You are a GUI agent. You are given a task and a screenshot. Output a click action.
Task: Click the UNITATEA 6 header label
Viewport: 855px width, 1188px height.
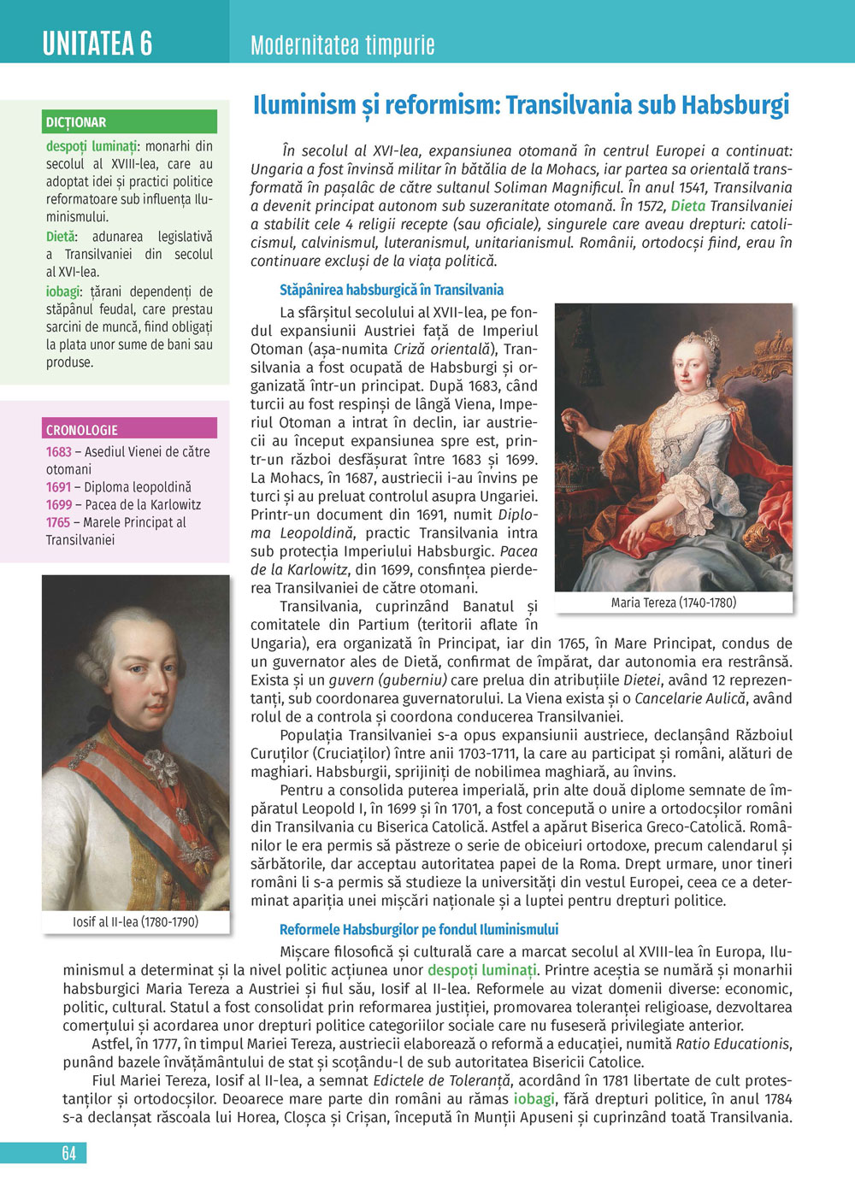97,43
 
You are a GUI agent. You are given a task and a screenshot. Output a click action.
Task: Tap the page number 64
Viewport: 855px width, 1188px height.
69,1153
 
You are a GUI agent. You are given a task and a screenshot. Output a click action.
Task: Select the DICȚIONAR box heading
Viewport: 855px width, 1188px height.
76,122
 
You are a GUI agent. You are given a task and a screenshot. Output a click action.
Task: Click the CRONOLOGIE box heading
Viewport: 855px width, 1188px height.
82,430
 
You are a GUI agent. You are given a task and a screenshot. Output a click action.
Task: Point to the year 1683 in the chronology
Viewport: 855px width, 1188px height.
58,451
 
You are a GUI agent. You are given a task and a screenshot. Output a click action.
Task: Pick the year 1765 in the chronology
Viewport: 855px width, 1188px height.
58,522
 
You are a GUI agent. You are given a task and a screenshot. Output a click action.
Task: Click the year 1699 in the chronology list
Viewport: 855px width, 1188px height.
58,504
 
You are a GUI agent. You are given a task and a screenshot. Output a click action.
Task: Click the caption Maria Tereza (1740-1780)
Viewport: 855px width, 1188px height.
673,603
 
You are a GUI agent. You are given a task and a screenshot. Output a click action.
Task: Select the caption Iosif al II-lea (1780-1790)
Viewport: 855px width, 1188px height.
135,922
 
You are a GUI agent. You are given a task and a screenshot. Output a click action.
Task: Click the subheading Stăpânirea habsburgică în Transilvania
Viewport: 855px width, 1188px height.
391,290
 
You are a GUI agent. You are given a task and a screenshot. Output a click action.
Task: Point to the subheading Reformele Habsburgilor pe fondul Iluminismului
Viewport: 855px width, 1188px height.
419,930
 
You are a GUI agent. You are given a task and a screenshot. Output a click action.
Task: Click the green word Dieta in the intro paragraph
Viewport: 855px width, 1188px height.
688,206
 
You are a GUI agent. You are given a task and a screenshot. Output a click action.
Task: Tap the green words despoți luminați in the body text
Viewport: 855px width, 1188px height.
482,970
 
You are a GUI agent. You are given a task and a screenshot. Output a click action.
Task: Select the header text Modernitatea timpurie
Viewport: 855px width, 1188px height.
342,44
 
